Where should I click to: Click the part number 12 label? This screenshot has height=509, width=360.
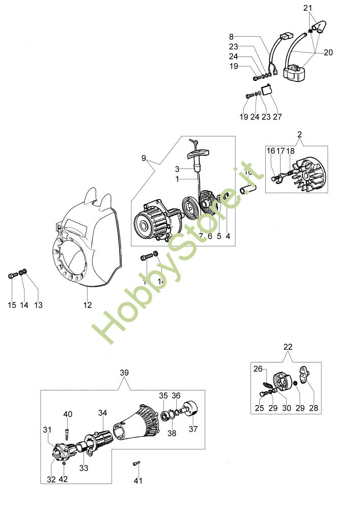[88, 305]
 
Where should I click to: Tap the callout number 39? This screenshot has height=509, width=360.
[124, 373]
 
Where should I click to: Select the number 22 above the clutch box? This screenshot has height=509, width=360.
[288, 347]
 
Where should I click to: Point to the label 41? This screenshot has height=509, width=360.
[138, 480]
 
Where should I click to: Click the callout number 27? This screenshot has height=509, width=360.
[277, 117]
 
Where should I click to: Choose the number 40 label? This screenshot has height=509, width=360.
[68, 414]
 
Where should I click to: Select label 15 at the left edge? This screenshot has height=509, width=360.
[12, 305]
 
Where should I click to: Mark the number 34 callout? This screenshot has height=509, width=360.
[103, 413]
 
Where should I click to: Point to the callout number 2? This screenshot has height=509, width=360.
[299, 134]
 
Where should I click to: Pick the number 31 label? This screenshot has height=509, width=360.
[48, 430]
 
